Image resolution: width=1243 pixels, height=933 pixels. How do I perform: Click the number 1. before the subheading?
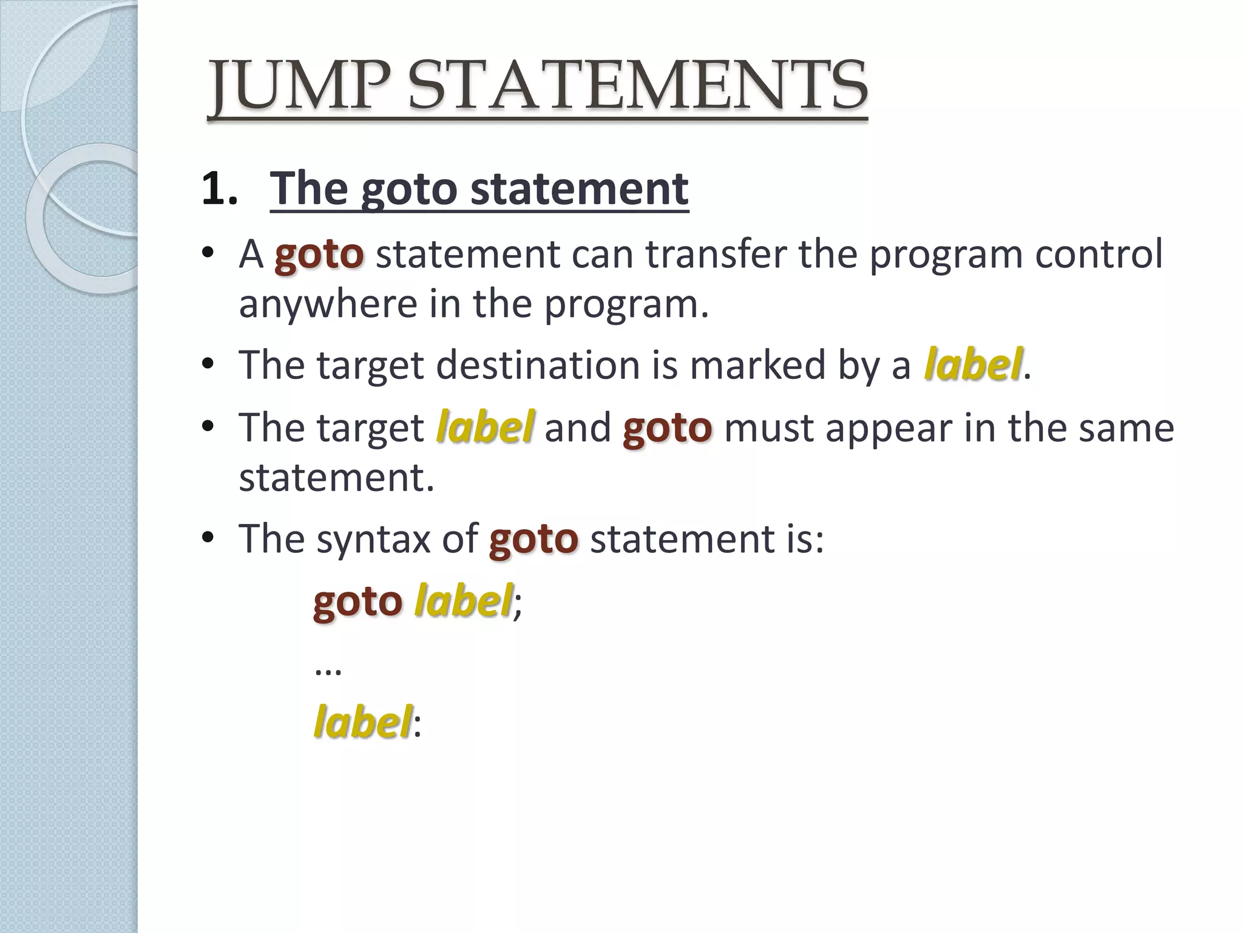click(x=220, y=188)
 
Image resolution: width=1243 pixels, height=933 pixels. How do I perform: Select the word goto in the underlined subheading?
click(x=408, y=190)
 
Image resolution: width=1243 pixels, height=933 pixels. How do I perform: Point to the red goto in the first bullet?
click(x=319, y=254)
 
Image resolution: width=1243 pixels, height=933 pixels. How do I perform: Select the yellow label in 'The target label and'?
click(x=485, y=427)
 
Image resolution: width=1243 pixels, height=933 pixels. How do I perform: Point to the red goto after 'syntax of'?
click(x=533, y=539)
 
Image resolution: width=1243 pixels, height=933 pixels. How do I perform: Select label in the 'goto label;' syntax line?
click(x=464, y=601)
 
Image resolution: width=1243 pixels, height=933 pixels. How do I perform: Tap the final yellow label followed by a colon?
click(x=363, y=722)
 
